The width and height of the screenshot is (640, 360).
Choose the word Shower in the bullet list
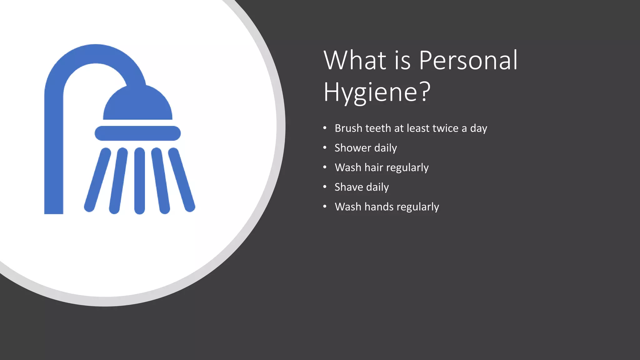[352, 148]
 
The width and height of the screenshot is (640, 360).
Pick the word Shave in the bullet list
[348, 187]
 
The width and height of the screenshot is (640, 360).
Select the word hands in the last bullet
[379, 207]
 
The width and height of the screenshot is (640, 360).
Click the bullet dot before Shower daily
[325, 148]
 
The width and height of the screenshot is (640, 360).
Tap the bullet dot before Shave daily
[325, 187]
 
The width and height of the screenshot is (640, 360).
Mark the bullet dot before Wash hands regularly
[325, 207]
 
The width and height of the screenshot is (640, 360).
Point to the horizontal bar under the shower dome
[137, 133]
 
